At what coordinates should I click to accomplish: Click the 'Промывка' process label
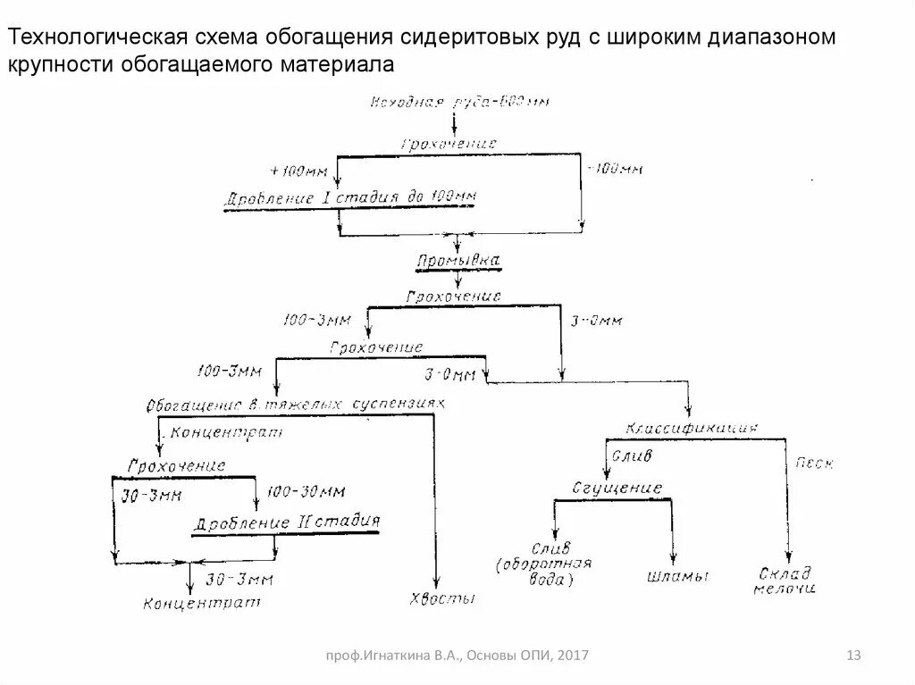[x=458, y=261]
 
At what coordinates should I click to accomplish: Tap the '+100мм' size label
[x=298, y=170]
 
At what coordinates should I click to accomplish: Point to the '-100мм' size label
[x=613, y=168]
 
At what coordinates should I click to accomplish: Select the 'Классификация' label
[x=693, y=428]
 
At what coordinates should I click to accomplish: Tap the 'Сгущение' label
[x=617, y=489]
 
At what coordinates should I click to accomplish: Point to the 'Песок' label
[x=814, y=464]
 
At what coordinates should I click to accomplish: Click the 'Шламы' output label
[x=677, y=576]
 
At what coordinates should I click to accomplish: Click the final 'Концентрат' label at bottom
[x=202, y=605]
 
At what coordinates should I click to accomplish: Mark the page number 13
[x=852, y=657]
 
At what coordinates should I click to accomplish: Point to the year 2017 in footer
[x=573, y=657]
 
